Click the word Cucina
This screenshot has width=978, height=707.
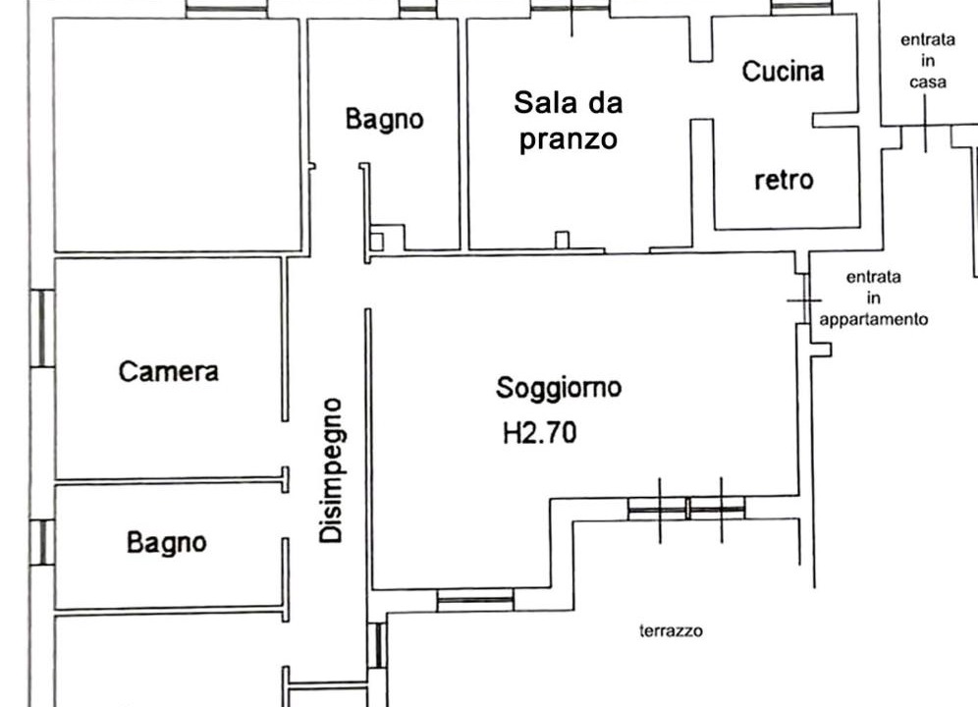783,71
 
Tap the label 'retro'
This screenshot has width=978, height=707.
784,180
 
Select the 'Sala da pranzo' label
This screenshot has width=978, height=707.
569,121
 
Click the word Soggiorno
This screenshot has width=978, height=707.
559,388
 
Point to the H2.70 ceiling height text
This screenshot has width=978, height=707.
540,432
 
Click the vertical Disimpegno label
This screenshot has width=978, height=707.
331,470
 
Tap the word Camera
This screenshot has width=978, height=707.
169,371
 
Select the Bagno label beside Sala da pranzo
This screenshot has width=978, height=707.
384,119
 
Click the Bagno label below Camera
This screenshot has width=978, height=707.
167,542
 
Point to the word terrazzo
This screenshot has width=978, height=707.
671,630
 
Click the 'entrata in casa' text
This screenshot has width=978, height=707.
928,61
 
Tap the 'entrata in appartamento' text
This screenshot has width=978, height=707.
873,298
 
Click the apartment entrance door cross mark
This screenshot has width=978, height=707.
804,300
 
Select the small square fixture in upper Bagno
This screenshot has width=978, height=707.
376,242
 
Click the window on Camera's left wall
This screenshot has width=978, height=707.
42,328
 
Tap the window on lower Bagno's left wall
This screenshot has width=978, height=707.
42,542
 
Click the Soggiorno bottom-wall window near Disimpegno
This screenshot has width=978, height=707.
475,600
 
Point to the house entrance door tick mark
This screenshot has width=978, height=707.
925,124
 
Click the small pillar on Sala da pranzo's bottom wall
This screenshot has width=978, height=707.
562,241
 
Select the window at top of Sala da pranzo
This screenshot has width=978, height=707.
570,8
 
